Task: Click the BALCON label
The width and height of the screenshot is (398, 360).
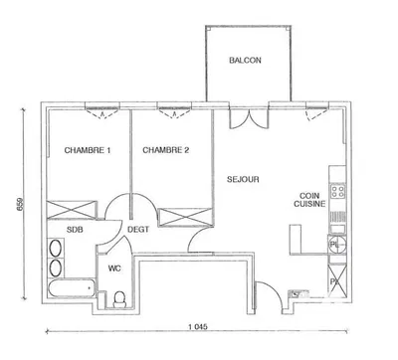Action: pyautogui.click(x=245, y=61)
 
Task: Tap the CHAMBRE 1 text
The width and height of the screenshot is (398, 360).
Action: pyautogui.click(x=88, y=150)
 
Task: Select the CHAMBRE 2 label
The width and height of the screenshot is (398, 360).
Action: pyautogui.click(x=165, y=150)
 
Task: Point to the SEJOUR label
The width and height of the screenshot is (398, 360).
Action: pyautogui.click(x=243, y=180)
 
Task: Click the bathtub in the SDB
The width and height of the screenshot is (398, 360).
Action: pyautogui.click(x=68, y=291)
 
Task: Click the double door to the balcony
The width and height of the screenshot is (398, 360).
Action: pyautogui.click(x=244, y=115)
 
